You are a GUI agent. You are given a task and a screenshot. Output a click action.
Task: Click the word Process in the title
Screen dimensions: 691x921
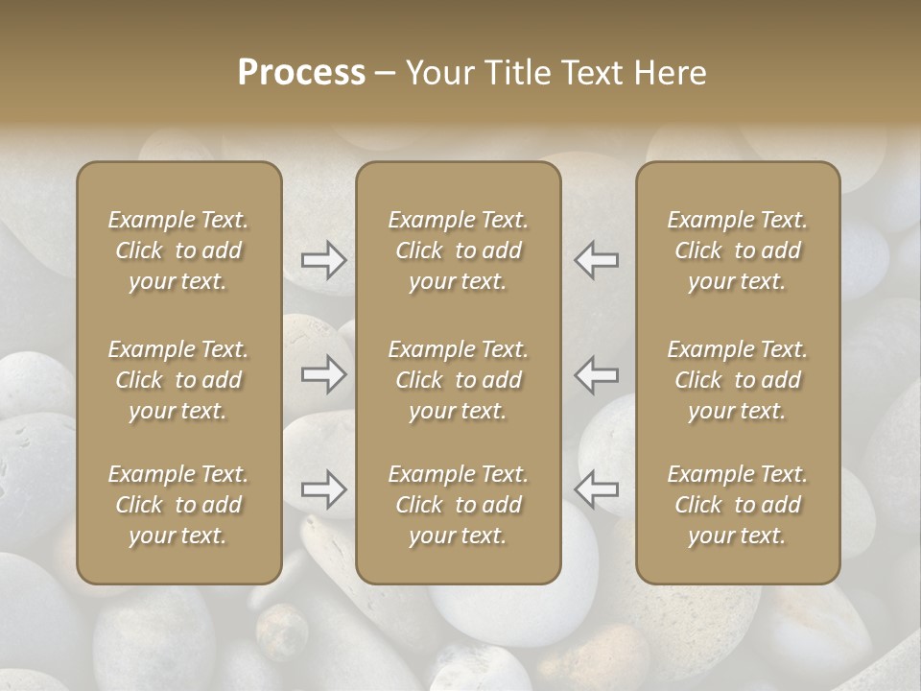[301, 73]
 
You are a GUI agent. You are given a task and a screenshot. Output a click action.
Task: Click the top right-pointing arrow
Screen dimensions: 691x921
[323, 259]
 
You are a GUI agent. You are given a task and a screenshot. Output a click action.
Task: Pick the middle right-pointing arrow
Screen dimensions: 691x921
[323, 373]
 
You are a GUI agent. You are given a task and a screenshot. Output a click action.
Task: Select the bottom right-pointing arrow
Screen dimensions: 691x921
[323, 489]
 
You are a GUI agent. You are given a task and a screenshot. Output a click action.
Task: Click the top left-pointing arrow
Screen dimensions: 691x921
[596, 259]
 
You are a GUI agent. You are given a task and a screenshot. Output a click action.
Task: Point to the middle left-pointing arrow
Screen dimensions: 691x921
[596, 373]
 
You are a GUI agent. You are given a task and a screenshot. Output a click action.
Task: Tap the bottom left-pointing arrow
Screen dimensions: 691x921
[596, 489]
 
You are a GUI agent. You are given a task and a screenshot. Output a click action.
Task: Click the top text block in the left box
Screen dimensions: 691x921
[178, 250]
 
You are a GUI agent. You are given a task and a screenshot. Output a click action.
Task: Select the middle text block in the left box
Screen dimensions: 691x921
[178, 380]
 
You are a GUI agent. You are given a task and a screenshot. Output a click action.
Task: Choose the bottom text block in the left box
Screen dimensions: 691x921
[178, 505]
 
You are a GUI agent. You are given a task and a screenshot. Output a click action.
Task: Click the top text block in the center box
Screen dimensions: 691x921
[459, 250]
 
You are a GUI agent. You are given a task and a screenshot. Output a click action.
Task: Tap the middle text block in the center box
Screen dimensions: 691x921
[459, 380]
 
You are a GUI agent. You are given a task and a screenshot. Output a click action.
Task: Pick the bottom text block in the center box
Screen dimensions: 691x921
[459, 505]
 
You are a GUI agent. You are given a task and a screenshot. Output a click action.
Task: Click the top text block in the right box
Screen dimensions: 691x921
[738, 250]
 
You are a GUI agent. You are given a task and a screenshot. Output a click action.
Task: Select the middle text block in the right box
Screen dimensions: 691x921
[738, 380]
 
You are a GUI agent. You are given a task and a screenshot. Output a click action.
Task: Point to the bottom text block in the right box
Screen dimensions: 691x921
[738, 505]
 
